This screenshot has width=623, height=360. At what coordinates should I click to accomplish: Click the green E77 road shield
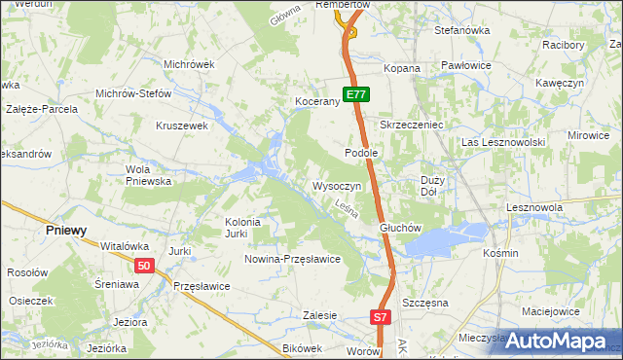(x=356, y=95)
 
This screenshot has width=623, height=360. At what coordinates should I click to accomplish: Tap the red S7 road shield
(x=381, y=317)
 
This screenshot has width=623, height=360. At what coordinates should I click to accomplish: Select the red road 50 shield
(x=144, y=266)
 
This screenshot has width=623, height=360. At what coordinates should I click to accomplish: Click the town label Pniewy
(x=67, y=231)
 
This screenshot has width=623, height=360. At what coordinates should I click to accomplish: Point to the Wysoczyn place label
(x=337, y=186)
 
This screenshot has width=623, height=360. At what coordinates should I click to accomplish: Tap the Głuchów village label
(x=399, y=229)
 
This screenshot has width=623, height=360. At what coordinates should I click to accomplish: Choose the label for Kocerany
(x=316, y=102)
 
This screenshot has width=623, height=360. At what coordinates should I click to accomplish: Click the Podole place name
(x=361, y=154)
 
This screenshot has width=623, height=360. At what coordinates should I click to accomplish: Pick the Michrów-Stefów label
(x=133, y=94)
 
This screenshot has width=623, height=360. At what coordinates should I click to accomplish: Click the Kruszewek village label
(x=183, y=126)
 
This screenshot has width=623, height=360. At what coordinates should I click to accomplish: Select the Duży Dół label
(x=433, y=186)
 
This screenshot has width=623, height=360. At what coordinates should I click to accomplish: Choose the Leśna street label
(x=347, y=207)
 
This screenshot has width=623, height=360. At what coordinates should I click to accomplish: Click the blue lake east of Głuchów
(x=444, y=239)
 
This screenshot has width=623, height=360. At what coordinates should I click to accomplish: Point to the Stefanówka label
(x=461, y=30)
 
